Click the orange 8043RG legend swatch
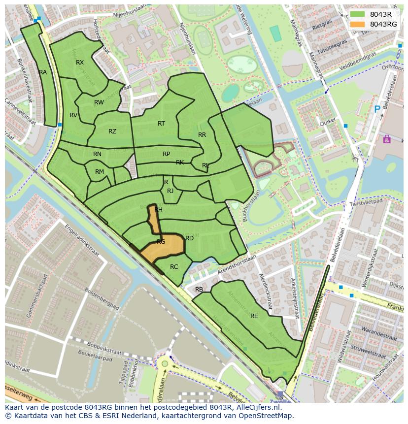click(358, 24)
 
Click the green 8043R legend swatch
click(358, 14)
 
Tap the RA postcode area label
click(43, 72)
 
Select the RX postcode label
click(80, 63)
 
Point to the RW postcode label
click(99, 102)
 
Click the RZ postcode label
click(112, 131)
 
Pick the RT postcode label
click(161, 124)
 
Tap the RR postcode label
click(202, 135)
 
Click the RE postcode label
click(254, 316)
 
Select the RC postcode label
click(174, 267)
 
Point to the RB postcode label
click(199, 290)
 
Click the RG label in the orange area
click(161, 242)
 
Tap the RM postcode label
click(100, 172)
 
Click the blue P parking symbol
click(377, 109)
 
